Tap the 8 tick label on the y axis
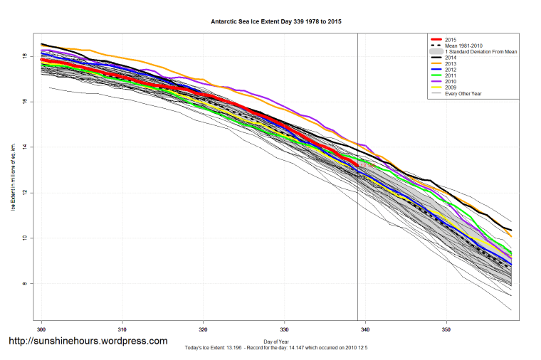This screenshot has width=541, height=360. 26,283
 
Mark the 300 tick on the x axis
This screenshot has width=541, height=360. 41,329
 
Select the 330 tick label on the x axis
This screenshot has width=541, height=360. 285,329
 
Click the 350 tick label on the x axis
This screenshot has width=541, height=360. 446,329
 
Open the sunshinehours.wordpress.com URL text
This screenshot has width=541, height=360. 88,341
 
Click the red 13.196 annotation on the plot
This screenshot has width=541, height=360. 367,165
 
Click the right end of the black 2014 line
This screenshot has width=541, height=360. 510,230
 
